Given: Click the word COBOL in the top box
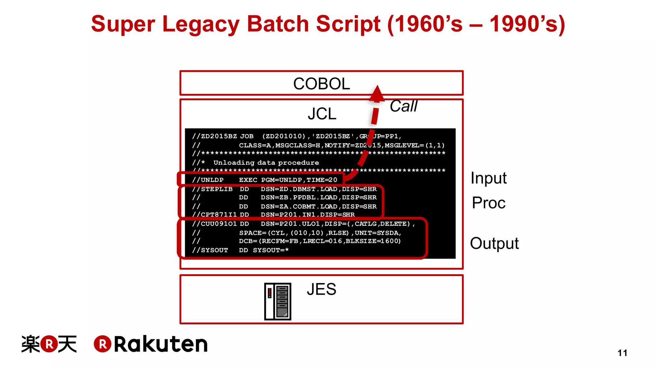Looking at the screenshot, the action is point(321,84).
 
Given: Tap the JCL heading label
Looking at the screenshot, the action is point(322,114).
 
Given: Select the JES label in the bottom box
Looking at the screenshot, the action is point(321,289).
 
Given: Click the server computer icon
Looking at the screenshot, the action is point(277,301).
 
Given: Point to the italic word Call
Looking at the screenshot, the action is point(404,106).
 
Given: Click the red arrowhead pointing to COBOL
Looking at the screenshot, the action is point(377,94).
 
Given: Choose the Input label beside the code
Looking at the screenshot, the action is point(488,178).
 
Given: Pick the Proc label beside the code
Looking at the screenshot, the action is point(488,203).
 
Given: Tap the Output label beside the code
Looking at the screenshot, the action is point(494,243).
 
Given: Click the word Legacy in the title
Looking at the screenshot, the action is point(201,24).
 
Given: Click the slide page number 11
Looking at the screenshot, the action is point(622,353).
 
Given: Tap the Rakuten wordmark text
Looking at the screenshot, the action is point(161,344).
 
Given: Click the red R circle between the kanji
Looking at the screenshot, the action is point(49,344).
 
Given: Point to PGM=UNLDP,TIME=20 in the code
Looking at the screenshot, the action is point(299,180).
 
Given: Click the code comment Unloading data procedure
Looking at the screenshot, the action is point(266,163).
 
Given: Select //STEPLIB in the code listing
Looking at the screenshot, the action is point(212,189).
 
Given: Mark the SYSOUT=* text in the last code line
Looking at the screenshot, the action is point(271,250).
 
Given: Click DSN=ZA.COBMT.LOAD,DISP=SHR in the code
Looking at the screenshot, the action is point(318,207).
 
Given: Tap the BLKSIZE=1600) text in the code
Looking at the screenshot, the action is point(373,241).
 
